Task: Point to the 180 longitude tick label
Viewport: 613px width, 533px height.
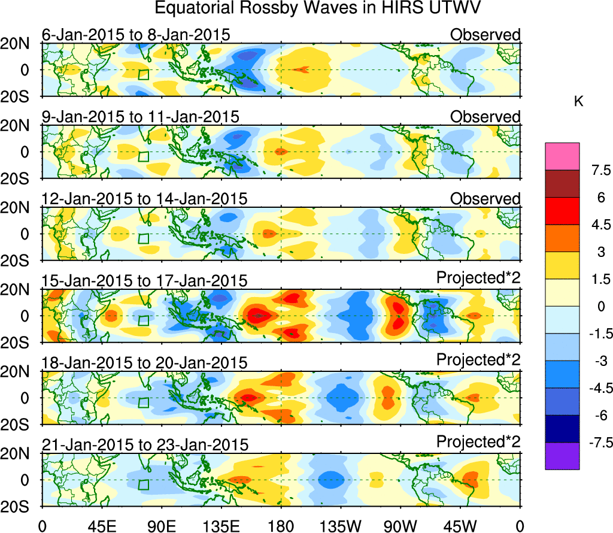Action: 281,526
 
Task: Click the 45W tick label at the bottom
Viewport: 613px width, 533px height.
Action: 460,526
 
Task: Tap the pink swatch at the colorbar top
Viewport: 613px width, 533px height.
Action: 562,156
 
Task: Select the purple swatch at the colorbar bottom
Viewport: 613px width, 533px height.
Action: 562,456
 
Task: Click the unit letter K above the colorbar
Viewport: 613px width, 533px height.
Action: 578,102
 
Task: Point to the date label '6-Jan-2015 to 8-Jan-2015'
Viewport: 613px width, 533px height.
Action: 136,35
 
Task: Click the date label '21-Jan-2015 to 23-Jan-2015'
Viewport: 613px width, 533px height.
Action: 145,445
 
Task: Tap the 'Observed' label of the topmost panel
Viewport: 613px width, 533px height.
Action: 485,35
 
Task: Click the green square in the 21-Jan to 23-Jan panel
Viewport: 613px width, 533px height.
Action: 143,484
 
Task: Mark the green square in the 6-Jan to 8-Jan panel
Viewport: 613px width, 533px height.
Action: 143,74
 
